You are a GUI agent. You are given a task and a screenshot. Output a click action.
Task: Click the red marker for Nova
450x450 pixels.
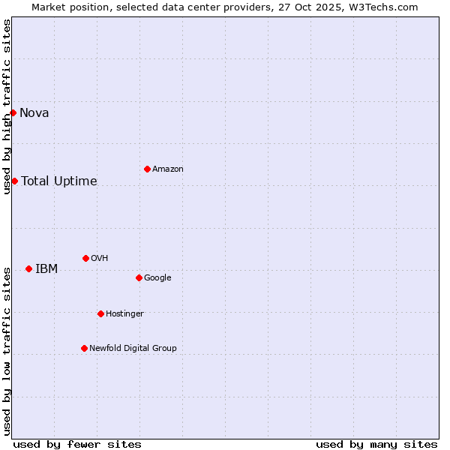click(x=13, y=112)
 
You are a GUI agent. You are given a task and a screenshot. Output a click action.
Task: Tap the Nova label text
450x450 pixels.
click(x=34, y=113)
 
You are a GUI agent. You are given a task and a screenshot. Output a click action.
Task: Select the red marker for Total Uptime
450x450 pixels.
click(x=14, y=181)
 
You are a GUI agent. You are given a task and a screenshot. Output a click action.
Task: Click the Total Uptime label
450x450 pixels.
click(x=59, y=181)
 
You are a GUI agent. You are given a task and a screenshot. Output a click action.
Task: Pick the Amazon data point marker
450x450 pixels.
click(x=147, y=169)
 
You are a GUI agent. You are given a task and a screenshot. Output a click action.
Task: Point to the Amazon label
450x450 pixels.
click(x=168, y=169)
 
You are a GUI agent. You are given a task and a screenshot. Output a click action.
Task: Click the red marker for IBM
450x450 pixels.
click(x=28, y=268)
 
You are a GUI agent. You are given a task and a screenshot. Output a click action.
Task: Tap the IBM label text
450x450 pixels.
click(x=46, y=269)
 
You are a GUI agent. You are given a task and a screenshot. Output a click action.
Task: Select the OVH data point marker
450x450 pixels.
click(x=85, y=258)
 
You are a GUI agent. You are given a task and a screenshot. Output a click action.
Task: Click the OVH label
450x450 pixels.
click(x=100, y=259)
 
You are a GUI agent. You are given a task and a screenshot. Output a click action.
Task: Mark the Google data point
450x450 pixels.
click(x=139, y=277)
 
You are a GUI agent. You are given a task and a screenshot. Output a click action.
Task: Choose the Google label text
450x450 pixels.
click(x=157, y=278)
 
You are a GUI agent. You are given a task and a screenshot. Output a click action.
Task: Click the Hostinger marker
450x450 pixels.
click(x=100, y=313)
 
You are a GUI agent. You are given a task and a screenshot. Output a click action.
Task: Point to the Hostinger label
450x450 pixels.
click(x=124, y=314)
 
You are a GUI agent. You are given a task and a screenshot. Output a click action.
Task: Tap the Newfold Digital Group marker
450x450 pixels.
click(x=84, y=348)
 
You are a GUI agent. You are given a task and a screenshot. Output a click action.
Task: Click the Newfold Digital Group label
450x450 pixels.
click(x=133, y=349)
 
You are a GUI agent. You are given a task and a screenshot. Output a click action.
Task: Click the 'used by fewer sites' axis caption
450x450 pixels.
click(x=77, y=444)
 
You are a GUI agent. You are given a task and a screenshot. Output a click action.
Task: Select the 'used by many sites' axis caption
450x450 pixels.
click(x=376, y=444)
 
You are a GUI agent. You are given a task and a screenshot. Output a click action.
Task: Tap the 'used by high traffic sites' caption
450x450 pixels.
click(x=7, y=106)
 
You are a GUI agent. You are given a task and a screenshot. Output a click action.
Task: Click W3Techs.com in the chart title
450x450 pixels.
click(x=382, y=7)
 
